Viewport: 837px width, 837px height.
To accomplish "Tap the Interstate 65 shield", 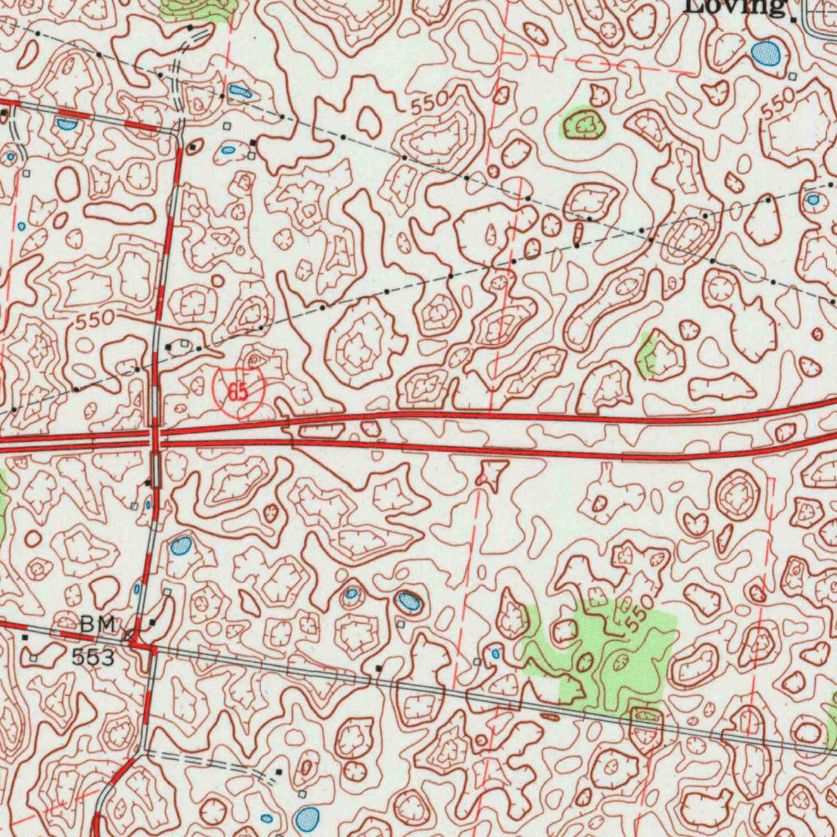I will click(x=238, y=387).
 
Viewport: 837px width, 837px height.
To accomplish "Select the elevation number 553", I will click(x=92, y=656).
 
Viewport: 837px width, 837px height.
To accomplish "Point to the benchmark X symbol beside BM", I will click(x=128, y=633).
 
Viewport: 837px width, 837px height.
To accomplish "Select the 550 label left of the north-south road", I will click(x=96, y=321).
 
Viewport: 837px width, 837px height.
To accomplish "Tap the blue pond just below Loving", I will click(x=766, y=54).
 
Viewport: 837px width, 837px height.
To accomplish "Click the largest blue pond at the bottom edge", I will click(x=307, y=817).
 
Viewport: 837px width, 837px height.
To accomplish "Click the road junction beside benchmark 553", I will click(x=152, y=649).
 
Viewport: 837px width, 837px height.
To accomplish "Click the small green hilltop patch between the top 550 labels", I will click(x=584, y=124).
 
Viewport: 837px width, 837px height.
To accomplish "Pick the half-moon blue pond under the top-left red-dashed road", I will click(x=65, y=123).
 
